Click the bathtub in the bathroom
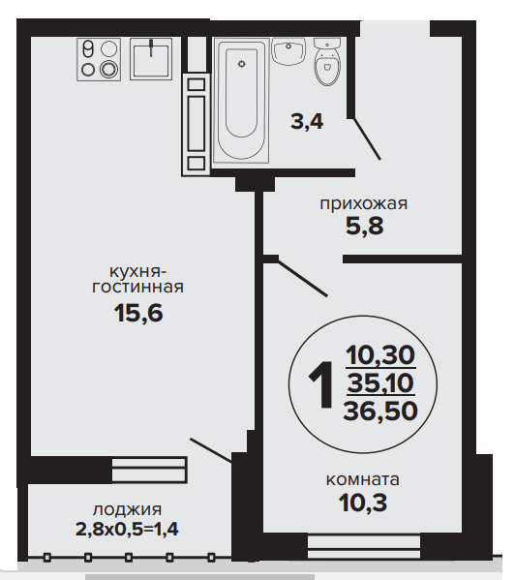pos(241,101)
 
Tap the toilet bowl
pos(327,61)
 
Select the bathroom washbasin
pos(288,51)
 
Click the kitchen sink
pos(151,59)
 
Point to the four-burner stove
pos(99,59)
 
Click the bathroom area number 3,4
pos(307,122)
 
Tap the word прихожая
pos(363,203)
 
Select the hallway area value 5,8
pos(365,226)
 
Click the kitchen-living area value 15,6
pos(138,313)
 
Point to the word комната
pos(363,479)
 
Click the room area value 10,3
pos(363,503)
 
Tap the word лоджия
pos(127,510)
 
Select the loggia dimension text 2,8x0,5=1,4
pos(127,529)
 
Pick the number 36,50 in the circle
pos(380,411)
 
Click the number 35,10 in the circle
pos(380,382)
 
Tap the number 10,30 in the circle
pos(380,354)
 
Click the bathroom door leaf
pos(367,139)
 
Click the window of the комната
pos(364,547)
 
